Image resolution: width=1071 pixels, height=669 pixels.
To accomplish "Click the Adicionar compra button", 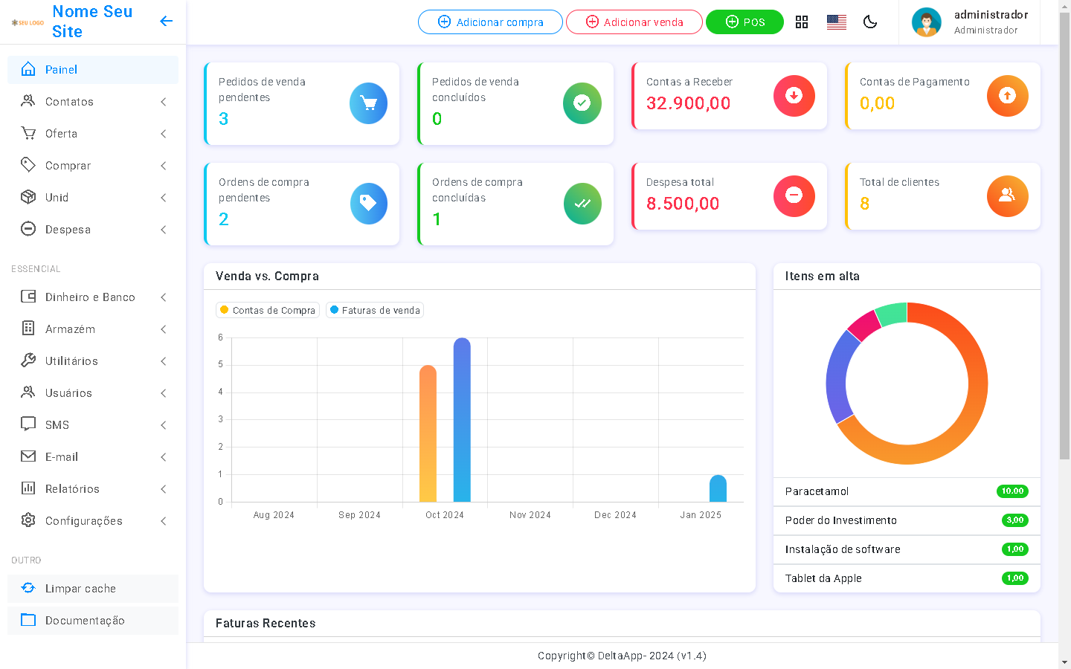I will click(x=490, y=22).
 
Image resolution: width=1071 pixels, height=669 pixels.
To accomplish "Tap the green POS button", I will click(x=744, y=22).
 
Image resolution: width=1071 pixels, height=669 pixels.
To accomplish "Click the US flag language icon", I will click(x=837, y=22).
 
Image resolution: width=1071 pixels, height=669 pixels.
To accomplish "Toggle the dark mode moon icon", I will click(x=870, y=22).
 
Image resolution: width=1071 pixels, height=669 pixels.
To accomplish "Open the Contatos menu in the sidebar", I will click(x=69, y=102).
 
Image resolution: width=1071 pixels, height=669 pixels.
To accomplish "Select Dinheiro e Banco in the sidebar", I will click(x=90, y=297).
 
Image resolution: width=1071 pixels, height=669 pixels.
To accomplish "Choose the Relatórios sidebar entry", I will click(x=72, y=489).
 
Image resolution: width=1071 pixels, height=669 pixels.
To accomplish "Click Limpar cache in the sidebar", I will click(x=80, y=589).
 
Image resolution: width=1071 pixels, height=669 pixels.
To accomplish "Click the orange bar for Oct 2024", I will click(x=428, y=435).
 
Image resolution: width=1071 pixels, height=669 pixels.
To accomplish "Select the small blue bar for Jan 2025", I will click(x=718, y=489).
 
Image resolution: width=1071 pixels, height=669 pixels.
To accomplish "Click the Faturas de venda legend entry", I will click(x=375, y=311).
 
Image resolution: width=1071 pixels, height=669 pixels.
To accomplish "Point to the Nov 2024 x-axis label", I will click(x=530, y=515).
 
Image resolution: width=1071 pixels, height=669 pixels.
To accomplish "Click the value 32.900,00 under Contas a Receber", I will click(x=688, y=103).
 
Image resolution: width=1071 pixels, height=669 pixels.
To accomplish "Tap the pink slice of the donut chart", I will click(x=863, y=325).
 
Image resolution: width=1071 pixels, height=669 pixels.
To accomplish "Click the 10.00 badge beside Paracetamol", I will click(x=1012, y=491).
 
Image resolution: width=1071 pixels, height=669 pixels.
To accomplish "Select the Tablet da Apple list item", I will click(x=823, y=578).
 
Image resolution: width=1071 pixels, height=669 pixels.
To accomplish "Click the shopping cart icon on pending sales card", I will click(x=368, y=103).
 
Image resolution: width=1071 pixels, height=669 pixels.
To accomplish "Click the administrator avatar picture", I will click(x=927, y=22).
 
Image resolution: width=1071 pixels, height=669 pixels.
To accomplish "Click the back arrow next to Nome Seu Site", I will click(x=167, y=21).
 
